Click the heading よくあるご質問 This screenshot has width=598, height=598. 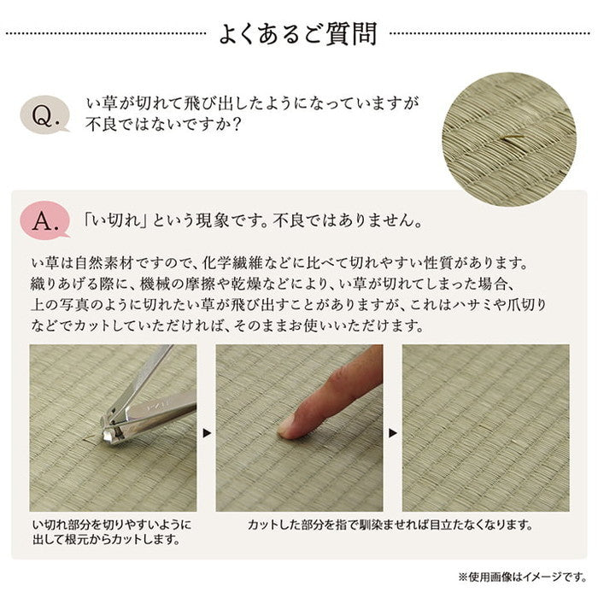298,35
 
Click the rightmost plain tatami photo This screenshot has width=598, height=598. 485,427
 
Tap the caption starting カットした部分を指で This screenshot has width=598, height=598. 390,524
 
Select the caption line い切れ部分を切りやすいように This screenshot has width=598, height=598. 112,524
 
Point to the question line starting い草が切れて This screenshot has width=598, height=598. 253,103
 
